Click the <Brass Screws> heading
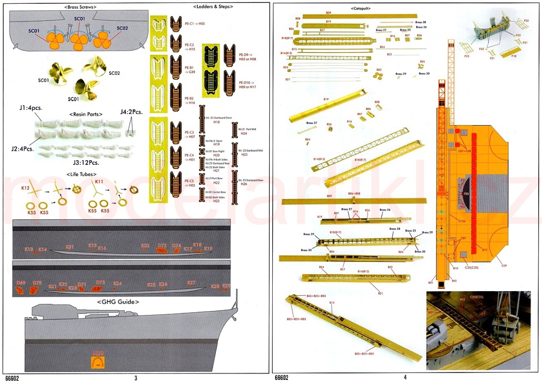[80, 7]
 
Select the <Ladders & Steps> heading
[213, 7]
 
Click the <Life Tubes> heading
[81, 174]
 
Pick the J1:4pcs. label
[31, 109]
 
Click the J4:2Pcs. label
[131, 112]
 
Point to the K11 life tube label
[100, 182]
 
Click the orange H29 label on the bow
[98, 353]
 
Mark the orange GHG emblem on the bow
[98, 363]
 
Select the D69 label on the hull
[21, 283]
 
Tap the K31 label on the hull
[70, 247]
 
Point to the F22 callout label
[526, 21]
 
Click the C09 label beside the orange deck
[504, 266]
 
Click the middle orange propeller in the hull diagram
[77, 41]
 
